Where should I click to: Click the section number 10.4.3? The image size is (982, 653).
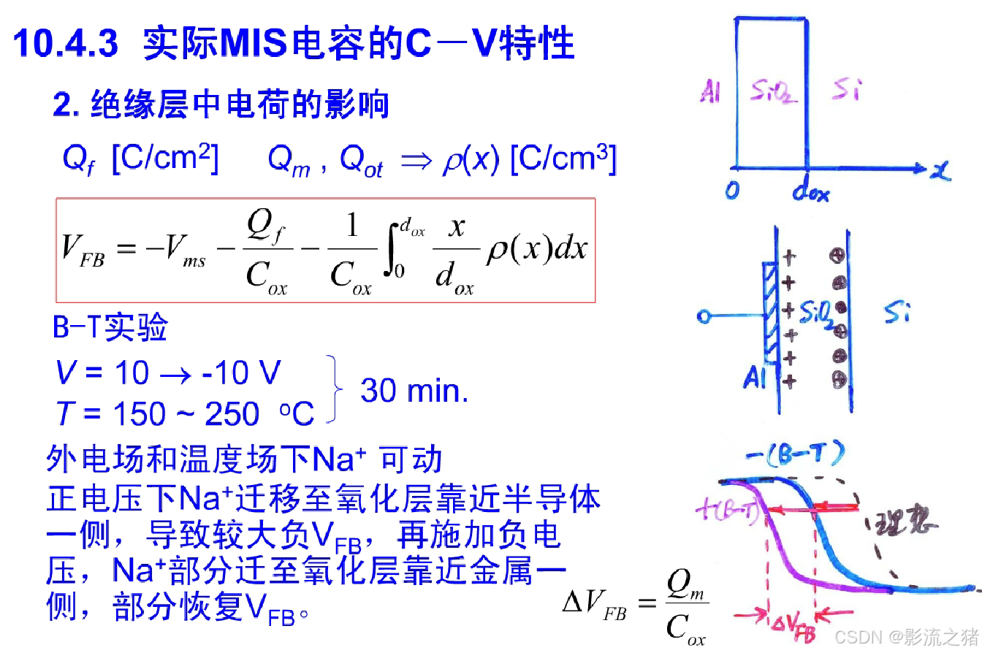point(66,43)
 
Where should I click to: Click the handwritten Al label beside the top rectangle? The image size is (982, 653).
point(709,93)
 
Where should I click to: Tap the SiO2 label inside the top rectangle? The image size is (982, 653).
point(772,93)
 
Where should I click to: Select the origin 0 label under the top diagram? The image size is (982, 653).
point(732,190)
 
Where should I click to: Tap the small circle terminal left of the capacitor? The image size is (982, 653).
point(704,317)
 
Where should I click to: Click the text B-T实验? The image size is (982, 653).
point(110,328)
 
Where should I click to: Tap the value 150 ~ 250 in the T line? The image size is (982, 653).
point(186,414)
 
